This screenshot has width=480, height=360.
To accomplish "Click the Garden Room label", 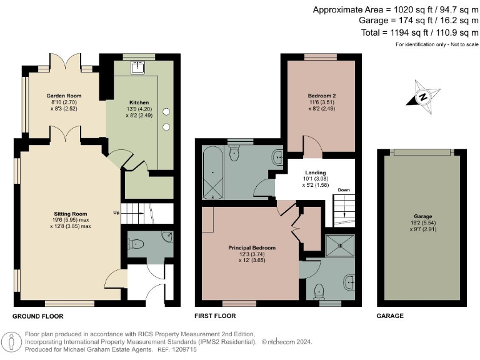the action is tap(64, 96).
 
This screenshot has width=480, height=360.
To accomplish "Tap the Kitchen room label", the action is tap(139, 102).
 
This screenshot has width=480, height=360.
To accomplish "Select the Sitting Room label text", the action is tap(71, 214).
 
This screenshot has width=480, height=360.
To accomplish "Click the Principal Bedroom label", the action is tap(252, 247).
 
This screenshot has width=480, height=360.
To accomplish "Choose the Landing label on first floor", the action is tap(315, 172).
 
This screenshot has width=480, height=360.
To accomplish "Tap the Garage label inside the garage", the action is tap(423, 216).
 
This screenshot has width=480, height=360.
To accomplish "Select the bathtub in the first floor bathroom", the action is tap(212, 172).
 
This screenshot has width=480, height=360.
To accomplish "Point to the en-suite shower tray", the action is tap(340, 246).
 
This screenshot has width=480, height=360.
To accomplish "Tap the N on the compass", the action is tap(423, 97).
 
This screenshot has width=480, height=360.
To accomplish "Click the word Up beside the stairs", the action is tap(116, 212).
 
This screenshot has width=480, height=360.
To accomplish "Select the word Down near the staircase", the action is tap(344, 190).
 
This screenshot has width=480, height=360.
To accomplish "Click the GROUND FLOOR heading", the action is tap(38, 316).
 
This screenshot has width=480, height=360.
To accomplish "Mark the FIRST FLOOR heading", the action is tap(215, 316).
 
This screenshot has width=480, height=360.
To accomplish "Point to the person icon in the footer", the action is tap(12, 342).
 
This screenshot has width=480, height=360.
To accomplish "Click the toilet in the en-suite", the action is tap(319, 291).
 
